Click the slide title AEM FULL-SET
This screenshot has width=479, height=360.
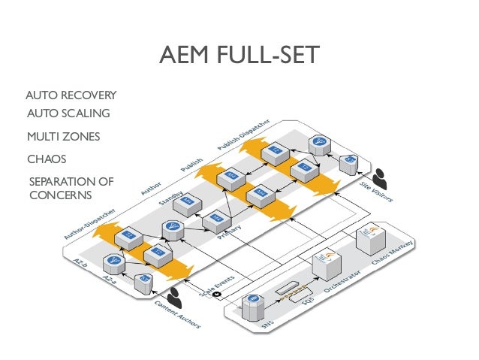coord(239,56)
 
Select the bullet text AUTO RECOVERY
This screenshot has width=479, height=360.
coord(71,95)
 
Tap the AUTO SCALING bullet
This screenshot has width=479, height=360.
coord(68,113)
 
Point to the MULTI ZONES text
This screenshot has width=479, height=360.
coord(63,137)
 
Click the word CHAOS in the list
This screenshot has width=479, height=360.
coord(47,159)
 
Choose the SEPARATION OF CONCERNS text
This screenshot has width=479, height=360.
coord(70,189)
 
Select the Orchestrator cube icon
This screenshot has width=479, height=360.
coord(324,265)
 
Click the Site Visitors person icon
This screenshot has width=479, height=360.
coord(381,178)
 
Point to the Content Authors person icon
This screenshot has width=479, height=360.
coord(176,294)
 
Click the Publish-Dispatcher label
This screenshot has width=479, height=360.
coord(255,133)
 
